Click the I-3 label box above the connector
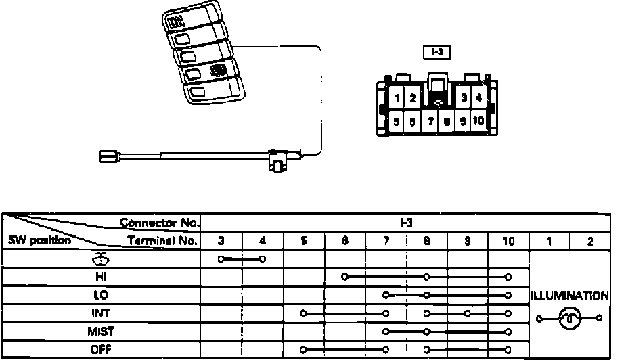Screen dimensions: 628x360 coord(435,51)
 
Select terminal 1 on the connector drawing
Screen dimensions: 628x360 coord(398,98)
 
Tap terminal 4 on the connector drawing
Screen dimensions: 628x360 coord(478,97)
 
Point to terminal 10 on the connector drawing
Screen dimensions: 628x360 coord(478,122)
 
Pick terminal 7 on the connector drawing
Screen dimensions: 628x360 coord(430,122)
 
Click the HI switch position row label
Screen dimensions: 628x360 coord(102,277)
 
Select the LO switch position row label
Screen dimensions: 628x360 coord(102,295)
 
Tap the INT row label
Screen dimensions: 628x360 coord(102,313)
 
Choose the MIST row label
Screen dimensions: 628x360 coord(102,332)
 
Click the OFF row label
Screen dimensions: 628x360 coord(102,350)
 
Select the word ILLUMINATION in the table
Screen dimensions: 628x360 coord(570,296)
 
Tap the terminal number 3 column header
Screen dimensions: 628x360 coord(221,240)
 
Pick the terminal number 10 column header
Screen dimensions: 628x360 coord(508,240)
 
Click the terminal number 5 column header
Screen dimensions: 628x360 coord(304,240)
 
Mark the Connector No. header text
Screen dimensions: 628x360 coord(160,222)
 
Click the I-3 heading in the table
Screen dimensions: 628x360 coord(406,222)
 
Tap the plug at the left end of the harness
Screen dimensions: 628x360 coord(109,156)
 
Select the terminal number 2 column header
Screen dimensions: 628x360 coord(590,240)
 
